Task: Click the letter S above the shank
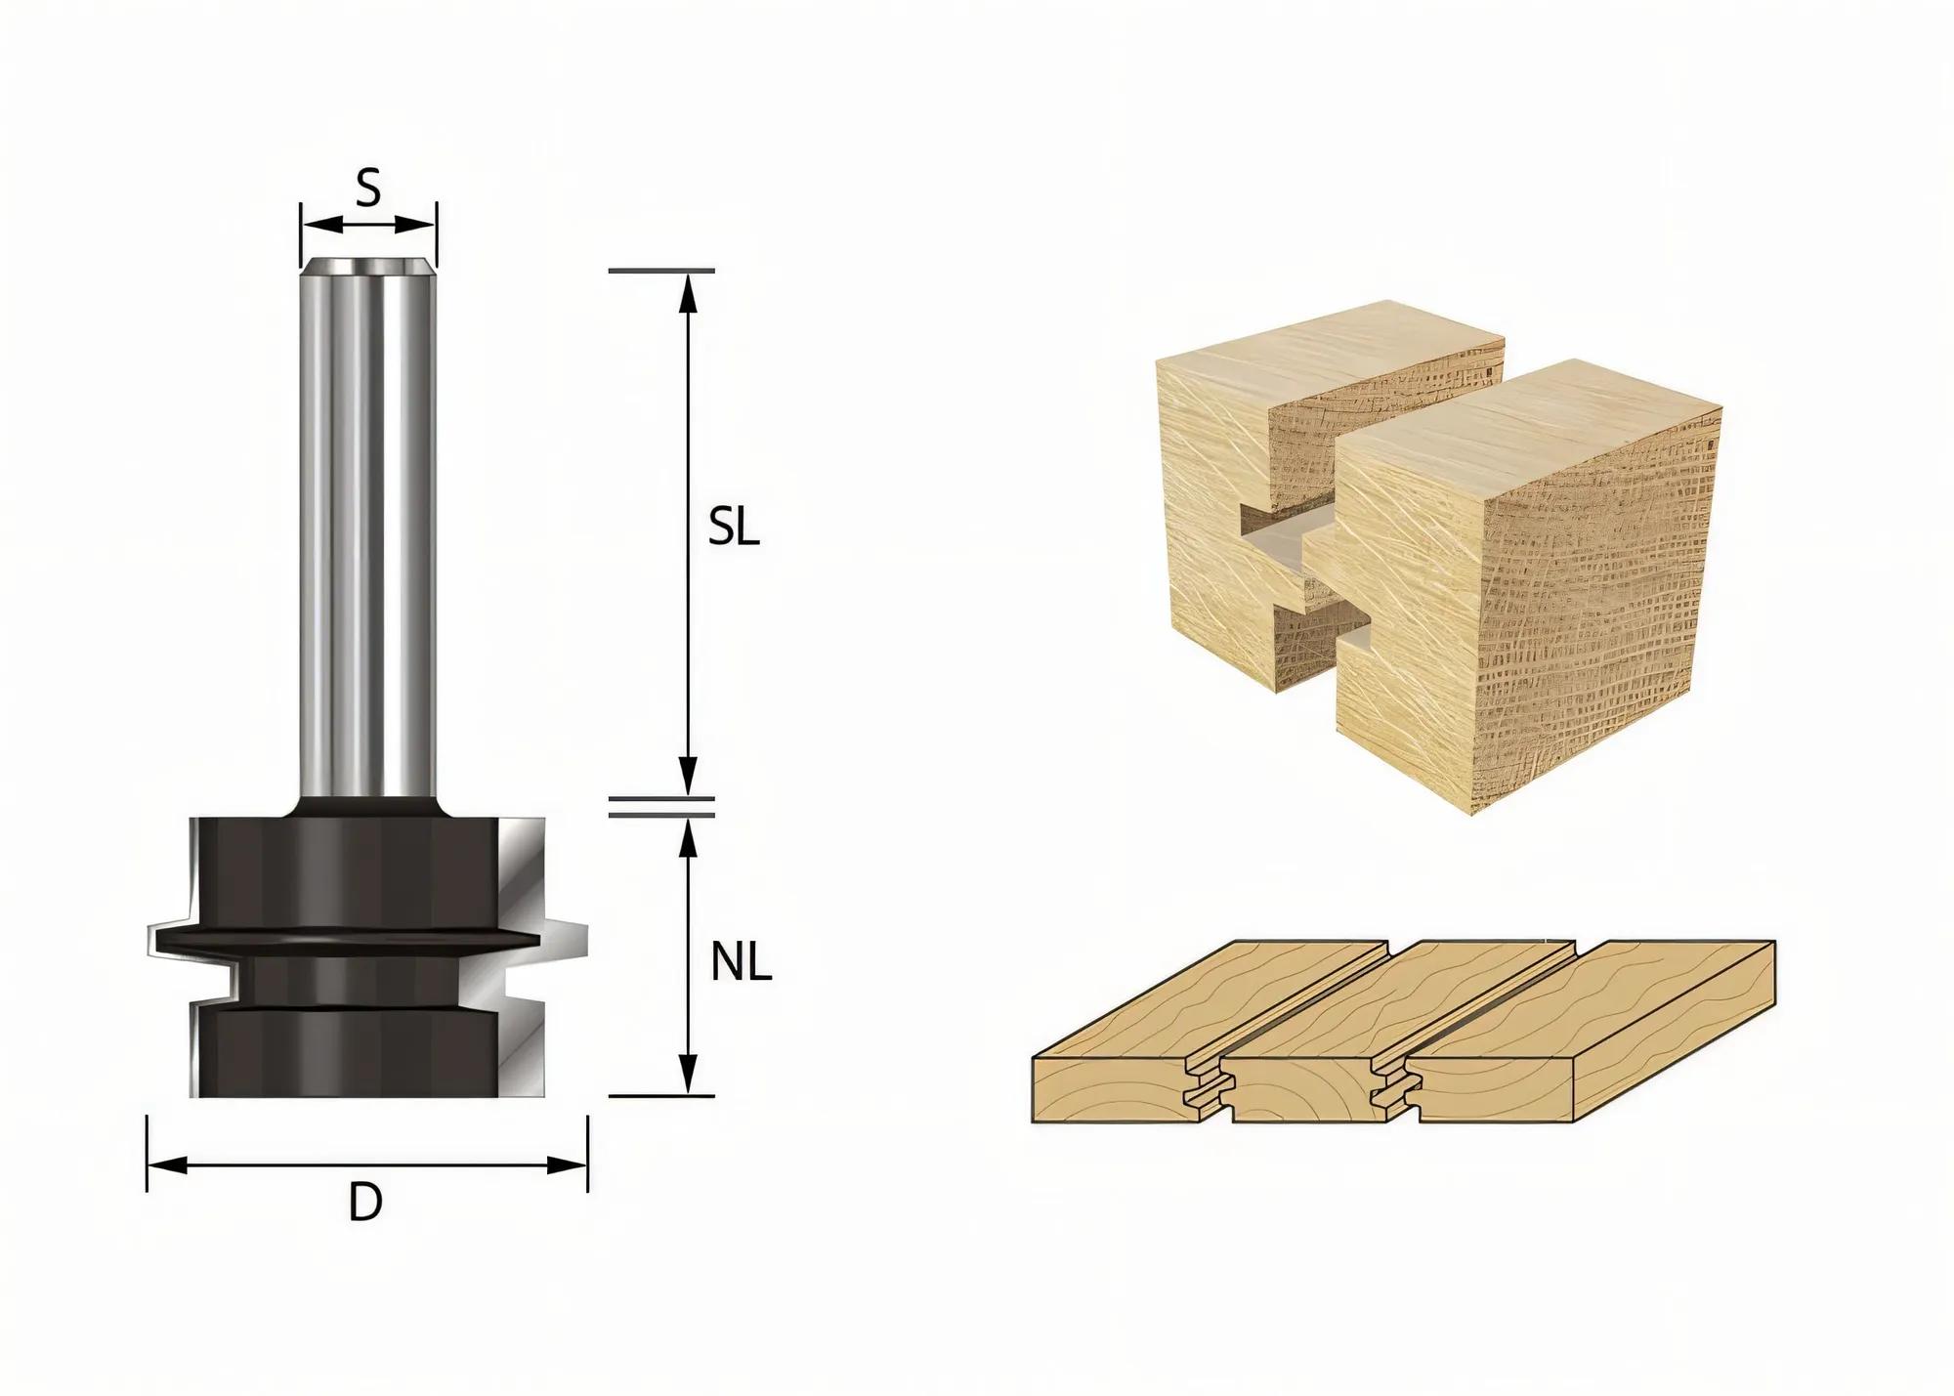[367, 189]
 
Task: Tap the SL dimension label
[734, 529]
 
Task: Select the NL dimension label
[742, 964]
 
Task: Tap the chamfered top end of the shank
[368, 266]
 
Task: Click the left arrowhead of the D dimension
[167, 1164]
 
